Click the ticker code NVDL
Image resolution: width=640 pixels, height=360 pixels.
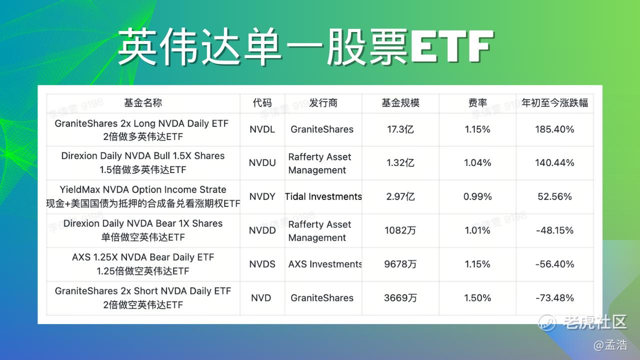262,129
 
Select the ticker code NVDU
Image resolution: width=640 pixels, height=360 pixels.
262,163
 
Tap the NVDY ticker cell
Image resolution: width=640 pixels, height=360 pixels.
262,196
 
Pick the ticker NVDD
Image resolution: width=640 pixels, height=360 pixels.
262,230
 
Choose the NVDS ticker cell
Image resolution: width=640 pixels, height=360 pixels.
262,264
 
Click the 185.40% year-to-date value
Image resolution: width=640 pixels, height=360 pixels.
554,129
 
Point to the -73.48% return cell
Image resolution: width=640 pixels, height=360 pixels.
554,298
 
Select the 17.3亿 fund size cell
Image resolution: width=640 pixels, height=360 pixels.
400,129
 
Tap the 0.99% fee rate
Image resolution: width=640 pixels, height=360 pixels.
477,196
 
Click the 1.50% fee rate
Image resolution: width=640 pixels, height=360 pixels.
477,298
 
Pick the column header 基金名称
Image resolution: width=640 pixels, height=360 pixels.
143,103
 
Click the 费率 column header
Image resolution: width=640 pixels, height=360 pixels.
477,103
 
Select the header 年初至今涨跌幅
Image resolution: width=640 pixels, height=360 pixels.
554,103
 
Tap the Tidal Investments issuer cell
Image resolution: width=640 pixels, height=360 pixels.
323,196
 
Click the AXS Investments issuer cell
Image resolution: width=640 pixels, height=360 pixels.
325,264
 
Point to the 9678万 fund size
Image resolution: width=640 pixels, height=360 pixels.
400,264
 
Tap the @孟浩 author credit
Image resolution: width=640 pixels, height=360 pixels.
610,345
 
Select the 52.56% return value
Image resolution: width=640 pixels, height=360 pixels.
554,196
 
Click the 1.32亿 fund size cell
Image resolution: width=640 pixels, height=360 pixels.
400,163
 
